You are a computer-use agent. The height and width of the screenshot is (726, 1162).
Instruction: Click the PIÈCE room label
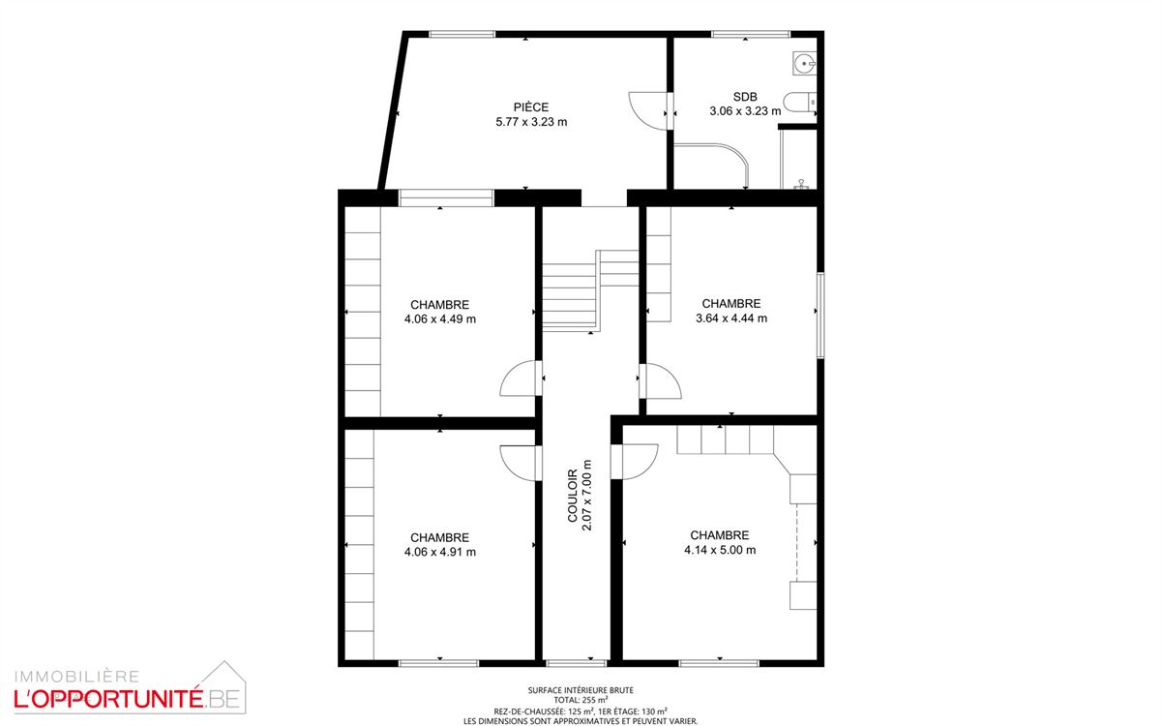(x=530, y=106)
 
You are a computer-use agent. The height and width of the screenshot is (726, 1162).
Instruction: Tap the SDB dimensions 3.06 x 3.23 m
(x=745, y=111)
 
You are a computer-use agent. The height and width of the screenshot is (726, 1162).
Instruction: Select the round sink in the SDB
(x=805, y=63)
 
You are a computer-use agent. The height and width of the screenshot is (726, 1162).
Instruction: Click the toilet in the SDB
(x=799, y=103)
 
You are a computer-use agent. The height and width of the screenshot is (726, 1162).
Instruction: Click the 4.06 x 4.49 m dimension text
(x=440, y=319)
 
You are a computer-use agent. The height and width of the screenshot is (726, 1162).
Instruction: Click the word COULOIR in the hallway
(x=572, y=496)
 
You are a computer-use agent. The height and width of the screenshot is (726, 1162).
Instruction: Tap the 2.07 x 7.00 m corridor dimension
(x=586, y=496)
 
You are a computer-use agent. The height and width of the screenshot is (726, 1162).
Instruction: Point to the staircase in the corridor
(x=590, y=290)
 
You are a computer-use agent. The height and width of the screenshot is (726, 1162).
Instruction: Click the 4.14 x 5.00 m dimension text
(x=720, y=550)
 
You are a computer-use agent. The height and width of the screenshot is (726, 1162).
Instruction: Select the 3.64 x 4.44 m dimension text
(x=730, y=318)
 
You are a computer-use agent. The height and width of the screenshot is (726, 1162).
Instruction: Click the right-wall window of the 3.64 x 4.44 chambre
(x=820, y=315)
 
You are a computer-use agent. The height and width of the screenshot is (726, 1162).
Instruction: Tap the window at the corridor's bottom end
(x=577, y=663)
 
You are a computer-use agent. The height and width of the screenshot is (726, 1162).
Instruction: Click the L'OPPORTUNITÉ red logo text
(x=108, y=700)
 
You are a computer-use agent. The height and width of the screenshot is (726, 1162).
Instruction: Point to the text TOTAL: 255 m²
(x=581, y=700)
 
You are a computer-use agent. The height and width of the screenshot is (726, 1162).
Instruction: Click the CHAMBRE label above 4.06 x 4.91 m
(x=440, y=537)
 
